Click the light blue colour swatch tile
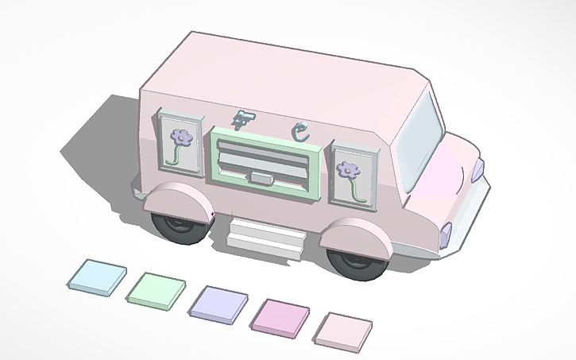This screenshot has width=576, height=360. (96, 275)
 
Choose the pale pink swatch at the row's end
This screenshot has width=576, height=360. (345, 329)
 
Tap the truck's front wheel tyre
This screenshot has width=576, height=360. (355, 263)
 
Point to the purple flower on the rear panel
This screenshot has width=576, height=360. (183, 137)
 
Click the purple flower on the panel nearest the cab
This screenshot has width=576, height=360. (348, 169)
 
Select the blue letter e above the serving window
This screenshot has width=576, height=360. (300, 130)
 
